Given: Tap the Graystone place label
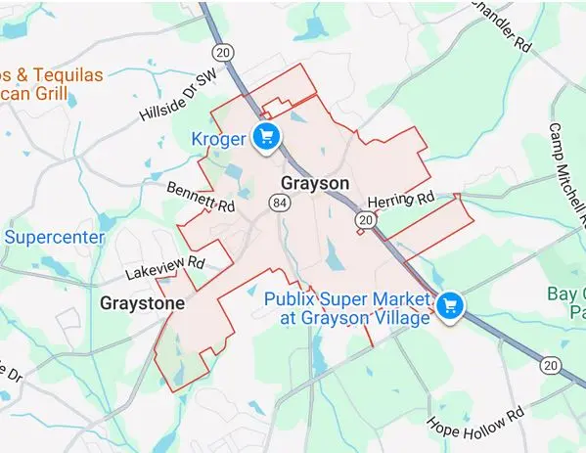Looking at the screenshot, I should point(142,303).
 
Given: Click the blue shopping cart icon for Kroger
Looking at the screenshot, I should point(264,138).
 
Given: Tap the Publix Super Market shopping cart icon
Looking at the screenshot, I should point(450,306).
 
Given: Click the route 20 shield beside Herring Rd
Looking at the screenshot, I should point(366,221).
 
